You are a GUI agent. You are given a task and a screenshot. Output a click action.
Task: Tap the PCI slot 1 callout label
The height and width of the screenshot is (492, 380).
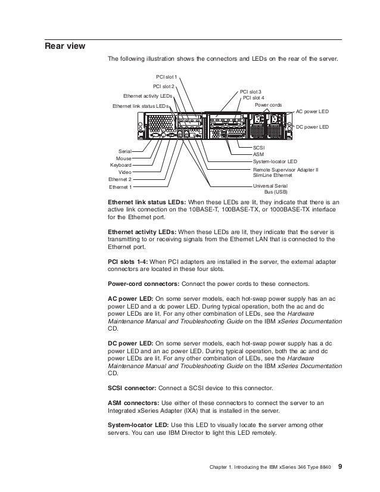tap(167, 77)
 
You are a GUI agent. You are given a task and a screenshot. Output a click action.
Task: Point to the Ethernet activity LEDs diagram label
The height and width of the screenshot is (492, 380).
tap(147, 95)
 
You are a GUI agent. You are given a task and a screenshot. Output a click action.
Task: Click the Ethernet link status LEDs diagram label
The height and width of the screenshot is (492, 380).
tap(141, 105)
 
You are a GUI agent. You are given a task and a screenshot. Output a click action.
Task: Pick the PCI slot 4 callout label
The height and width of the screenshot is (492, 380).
tap(254, 98)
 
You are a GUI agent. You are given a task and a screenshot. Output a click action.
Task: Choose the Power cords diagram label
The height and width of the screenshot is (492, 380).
tap(268, 105)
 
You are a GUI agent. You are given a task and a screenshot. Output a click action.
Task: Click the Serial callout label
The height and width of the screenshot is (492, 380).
tap(125, 152)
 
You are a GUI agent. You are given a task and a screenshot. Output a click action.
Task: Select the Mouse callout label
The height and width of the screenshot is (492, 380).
tap(124, 158)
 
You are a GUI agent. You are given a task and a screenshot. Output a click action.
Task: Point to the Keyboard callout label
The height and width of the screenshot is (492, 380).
tap(121, 165)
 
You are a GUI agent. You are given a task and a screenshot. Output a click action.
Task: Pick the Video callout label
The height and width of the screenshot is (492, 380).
tap(125, 172)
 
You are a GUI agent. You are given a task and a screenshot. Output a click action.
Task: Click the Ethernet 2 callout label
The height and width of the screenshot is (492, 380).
tap(120, 179)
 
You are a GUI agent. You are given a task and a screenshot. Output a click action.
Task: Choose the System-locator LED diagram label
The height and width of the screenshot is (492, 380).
tap(275, 161)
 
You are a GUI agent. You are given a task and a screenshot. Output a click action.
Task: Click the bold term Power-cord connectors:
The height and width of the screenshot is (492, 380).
tap(142, 283)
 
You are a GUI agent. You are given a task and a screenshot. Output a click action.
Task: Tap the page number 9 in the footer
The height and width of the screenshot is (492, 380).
tap(340, 465)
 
